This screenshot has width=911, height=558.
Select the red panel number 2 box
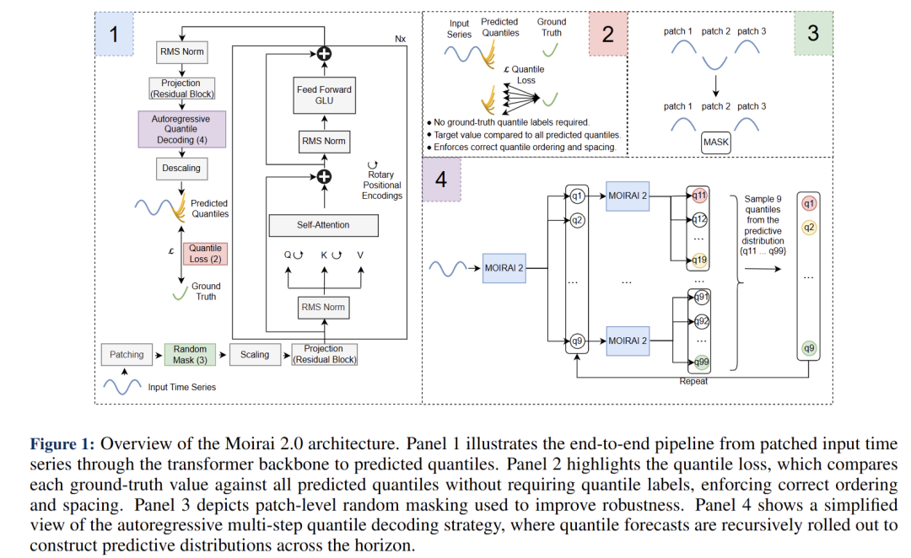pyautogui.click(x=607, y=35)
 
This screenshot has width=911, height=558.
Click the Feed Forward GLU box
pyautogui.click(x=324, y=95)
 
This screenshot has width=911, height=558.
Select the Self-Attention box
pyautogui.click(x=323, y=225)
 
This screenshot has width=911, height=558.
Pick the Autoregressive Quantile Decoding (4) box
pyautogui.click(x=181, y=129)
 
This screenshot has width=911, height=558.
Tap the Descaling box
pyautogui.click(x=181, y=169)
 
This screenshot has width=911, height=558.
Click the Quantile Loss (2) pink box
pyautogui.click(x=205, y=254)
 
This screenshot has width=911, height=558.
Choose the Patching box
pyautogui.click(x=127, y=355)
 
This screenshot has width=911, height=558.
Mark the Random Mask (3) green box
pyautogui.click(x=190, y=355)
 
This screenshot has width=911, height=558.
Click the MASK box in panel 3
pyautogui.click(x=716, y=142)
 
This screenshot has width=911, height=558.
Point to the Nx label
pyautogui.click(x=400, y=40)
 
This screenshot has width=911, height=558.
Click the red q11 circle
pyautogui.click(x=699, y=196)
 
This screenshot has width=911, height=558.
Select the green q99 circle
pyautogui.click(x=699, y=362)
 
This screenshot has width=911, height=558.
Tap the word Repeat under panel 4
pyautogui.click(x=693, y=381)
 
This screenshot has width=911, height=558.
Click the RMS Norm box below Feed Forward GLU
pyautogui.click(x=323, y=141)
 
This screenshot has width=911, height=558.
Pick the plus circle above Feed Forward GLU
pyautogui.click(x=323, y=54)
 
